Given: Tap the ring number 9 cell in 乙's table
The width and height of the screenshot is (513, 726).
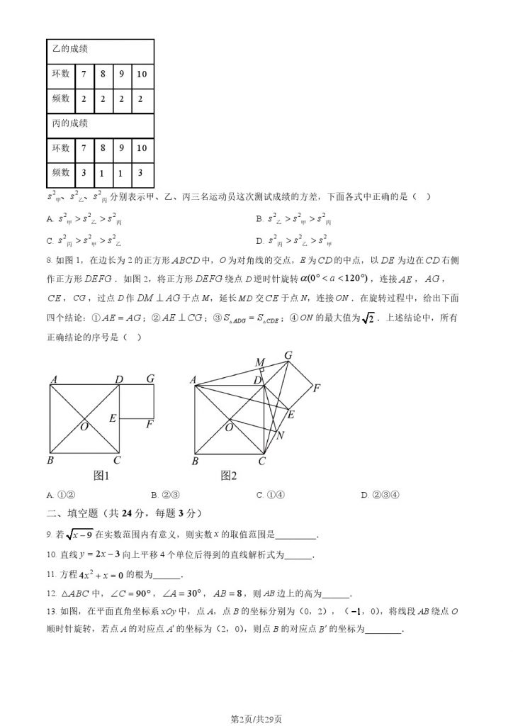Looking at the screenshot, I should click(122, 74).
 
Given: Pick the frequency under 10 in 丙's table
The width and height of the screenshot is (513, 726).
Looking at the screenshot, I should click(142, 172).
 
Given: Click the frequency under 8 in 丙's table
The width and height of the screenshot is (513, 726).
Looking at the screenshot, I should click(103, 172).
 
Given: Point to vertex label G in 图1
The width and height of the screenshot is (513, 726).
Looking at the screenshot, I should click(150, 379).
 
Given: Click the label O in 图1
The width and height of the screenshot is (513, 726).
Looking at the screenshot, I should click(84, 426).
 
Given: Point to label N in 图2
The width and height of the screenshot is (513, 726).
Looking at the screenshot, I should click(280, 435).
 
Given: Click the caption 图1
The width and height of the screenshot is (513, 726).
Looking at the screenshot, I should click(105, 476).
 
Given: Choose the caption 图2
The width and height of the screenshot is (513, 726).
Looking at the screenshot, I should click(228, 476).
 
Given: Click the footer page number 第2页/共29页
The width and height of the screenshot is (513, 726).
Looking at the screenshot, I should click(256, 719).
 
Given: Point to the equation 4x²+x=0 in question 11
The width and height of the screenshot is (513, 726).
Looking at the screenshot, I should click(119, 575).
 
